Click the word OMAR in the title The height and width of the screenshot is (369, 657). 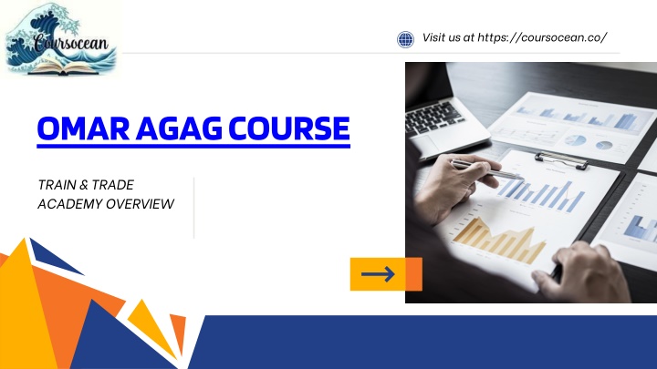83,128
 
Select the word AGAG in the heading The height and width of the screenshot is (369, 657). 179,128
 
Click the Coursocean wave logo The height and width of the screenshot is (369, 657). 61,40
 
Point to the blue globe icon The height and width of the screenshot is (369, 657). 405,40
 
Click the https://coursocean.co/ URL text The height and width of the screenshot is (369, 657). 542,37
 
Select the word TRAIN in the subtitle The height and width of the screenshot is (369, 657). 57,184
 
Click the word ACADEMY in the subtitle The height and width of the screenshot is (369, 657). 69,204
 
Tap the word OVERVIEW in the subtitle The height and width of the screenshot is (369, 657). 140,204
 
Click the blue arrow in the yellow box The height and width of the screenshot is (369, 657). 378,274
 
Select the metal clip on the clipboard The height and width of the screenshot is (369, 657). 561,160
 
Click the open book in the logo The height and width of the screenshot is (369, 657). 63,67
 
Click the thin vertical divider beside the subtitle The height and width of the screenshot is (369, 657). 194,208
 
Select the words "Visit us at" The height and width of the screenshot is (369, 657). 448,37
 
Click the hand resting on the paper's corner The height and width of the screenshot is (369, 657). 582,272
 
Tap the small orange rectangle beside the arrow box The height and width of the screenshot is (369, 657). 413,274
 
